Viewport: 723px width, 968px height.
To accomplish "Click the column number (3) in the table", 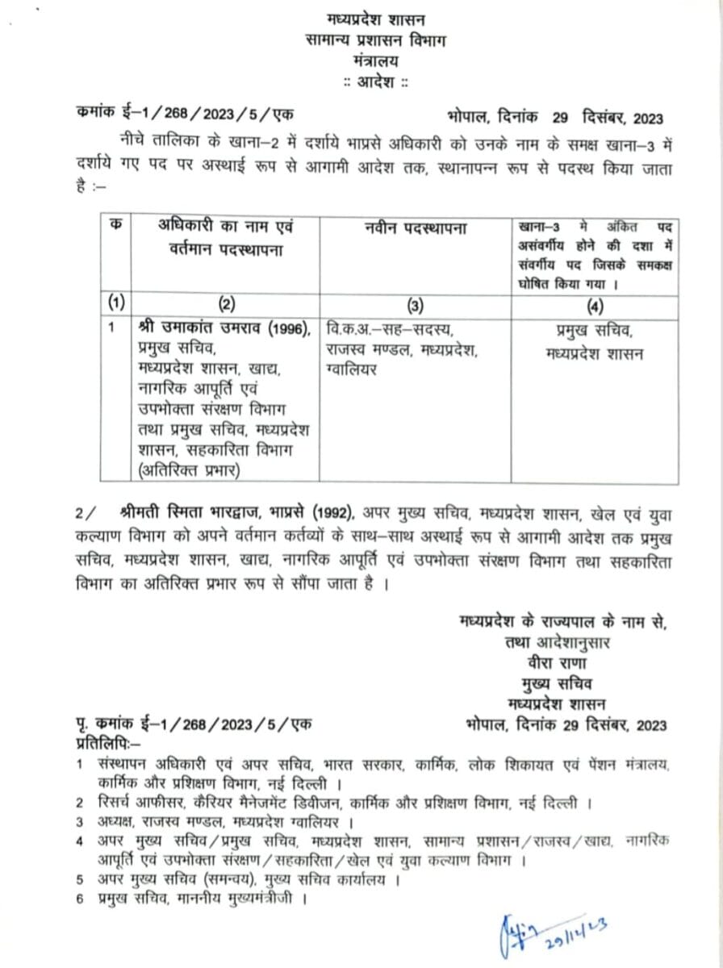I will coord(414,306).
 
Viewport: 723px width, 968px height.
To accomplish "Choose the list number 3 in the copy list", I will coord(80,822).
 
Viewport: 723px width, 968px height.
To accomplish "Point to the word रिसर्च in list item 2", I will coord(118,803).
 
